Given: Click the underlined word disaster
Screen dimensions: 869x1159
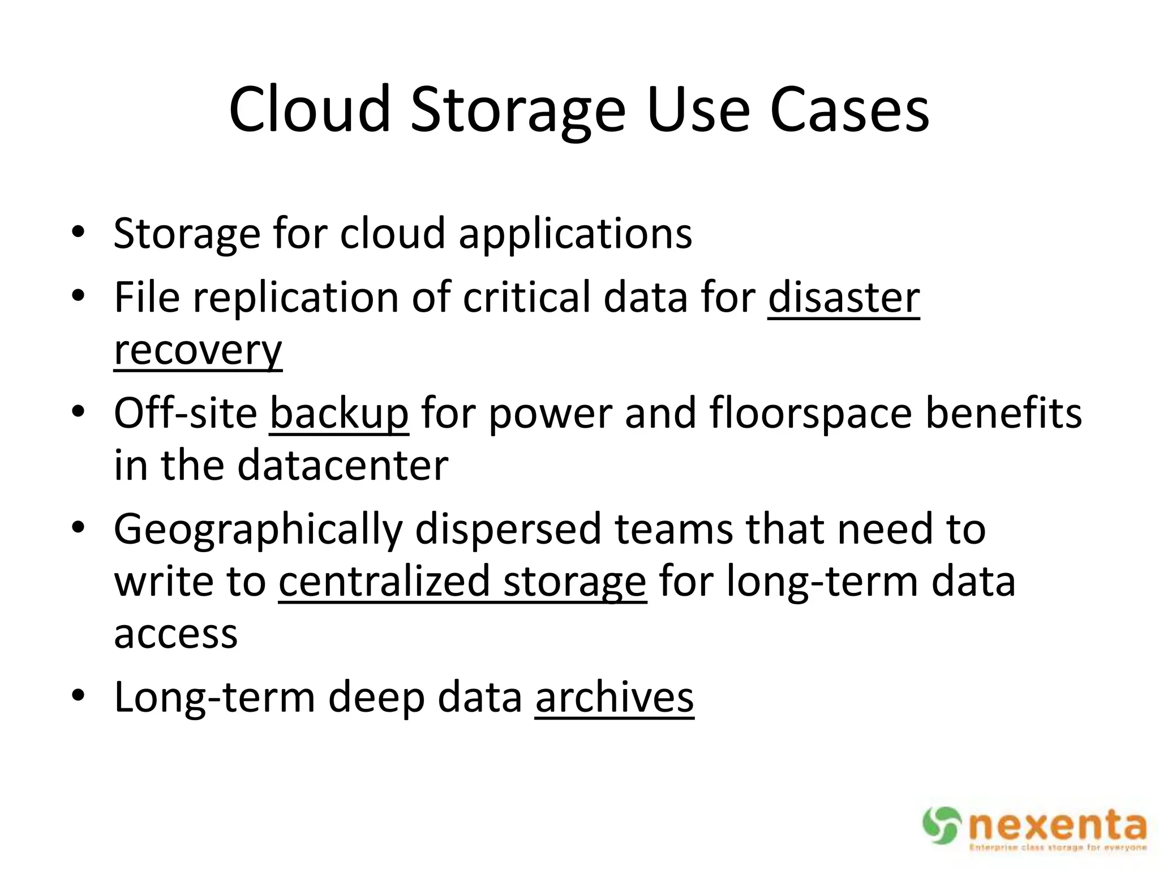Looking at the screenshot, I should [844, 298].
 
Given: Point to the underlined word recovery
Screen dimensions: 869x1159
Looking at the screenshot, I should [198, 351].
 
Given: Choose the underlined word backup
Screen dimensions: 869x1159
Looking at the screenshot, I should [338, 414].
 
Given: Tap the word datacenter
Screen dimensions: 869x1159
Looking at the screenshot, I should [343, 466].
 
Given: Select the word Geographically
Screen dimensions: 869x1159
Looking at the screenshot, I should [258, 530].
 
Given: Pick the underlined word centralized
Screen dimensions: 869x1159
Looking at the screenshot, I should [384, 582].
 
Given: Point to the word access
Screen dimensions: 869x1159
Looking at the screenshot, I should [176, 634].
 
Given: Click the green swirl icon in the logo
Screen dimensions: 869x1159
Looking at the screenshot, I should [942, 825].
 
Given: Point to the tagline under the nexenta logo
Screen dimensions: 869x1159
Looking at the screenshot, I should [1057, 848].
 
